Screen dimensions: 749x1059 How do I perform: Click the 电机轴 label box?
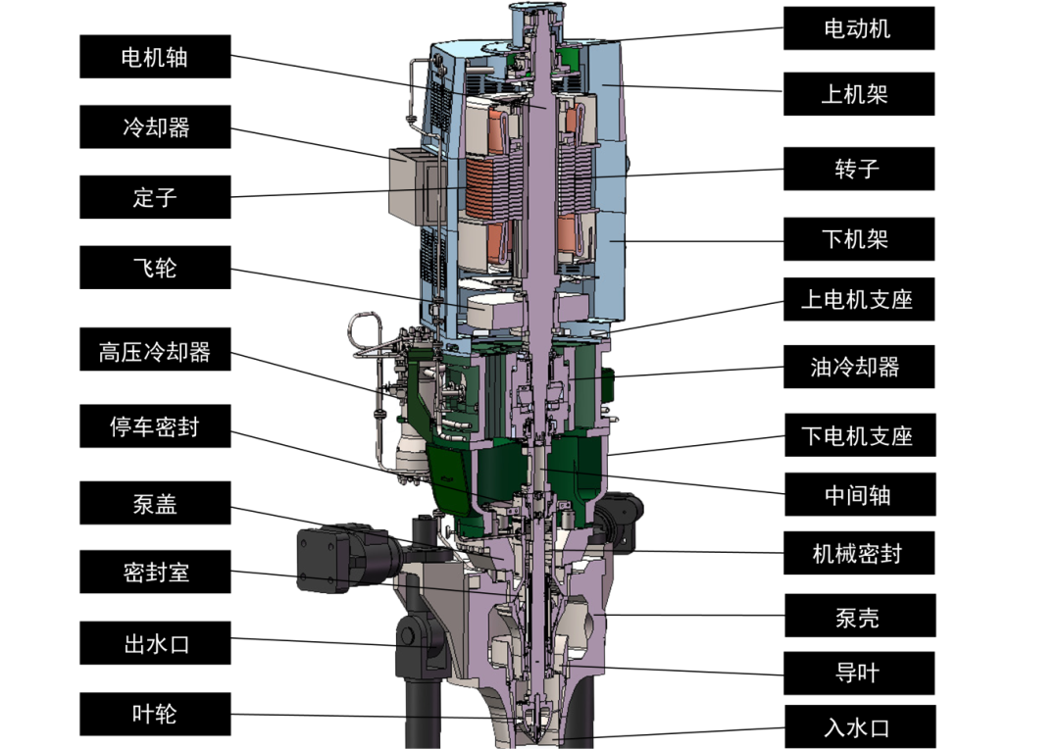155,57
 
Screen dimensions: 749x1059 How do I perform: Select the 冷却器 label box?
155,126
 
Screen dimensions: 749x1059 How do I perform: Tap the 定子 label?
155,197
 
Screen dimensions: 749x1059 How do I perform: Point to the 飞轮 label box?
155,267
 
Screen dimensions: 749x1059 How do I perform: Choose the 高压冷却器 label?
155,350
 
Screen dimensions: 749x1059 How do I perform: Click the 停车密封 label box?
155,426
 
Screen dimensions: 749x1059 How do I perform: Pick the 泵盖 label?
155,503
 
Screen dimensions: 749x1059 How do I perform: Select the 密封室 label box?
155,572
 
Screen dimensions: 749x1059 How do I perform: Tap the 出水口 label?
155,644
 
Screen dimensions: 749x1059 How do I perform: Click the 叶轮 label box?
155,714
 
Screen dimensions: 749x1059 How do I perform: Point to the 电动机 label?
858,27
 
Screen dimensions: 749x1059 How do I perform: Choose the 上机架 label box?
858,95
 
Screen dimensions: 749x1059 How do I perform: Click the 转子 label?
858,169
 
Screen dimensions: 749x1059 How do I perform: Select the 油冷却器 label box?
858,367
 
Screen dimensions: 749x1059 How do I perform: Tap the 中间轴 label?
858,494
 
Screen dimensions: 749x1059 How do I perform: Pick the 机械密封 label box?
858,554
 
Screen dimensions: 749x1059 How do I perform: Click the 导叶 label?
858,673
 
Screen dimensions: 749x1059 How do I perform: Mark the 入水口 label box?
858,726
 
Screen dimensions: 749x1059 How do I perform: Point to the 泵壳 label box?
858,616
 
